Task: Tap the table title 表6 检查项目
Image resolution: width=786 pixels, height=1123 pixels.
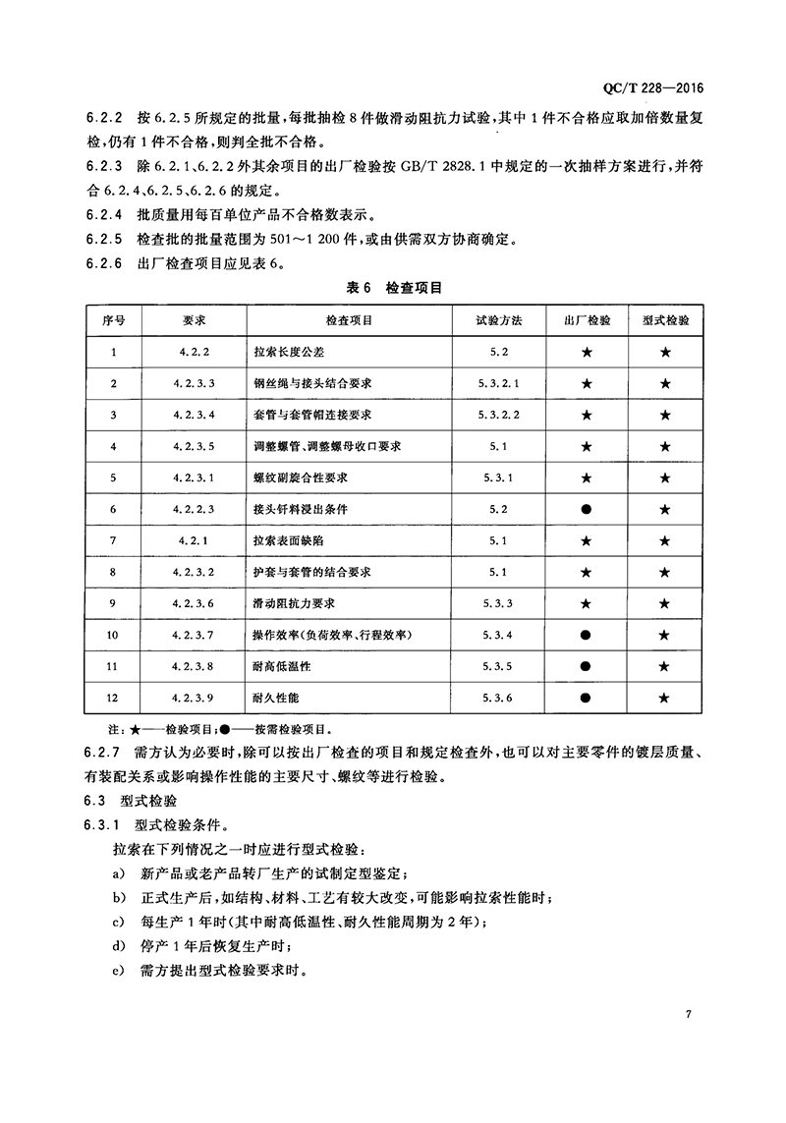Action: pos(394,288)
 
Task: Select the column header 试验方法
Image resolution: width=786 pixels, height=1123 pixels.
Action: pos(499,321)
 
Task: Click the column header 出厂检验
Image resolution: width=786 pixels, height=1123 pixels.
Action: pos(587,321)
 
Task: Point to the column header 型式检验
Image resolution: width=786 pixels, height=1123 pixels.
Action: pos(665,321)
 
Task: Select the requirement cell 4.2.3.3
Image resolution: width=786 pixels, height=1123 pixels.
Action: pos(193,383)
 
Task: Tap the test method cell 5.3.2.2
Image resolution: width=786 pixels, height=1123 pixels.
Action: pos(499,415)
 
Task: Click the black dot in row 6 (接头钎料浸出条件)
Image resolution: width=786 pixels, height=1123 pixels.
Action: pos(587,509)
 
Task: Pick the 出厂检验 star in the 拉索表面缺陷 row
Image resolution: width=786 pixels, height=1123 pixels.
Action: pos(587,540)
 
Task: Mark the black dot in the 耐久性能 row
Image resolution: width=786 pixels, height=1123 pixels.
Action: pos(587,698)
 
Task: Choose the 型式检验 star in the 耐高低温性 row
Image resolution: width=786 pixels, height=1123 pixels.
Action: pos(665,666)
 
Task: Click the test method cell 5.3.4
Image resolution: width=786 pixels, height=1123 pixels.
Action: pos(499,635)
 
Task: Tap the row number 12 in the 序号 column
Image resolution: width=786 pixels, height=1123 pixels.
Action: pos(114,698)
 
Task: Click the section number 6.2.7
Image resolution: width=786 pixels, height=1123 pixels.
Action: pos(102,754)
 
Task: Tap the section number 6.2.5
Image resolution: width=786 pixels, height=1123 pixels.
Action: pos(102,238)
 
